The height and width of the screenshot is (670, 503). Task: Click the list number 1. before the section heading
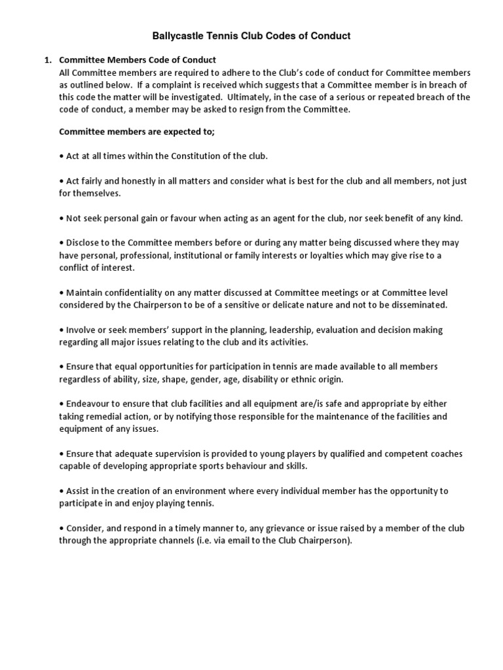(48, 60)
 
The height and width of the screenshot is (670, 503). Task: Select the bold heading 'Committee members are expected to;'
(136, 132)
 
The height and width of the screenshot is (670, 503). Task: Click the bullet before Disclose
(62, 243)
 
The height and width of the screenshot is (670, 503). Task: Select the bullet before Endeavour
(62, 404)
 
